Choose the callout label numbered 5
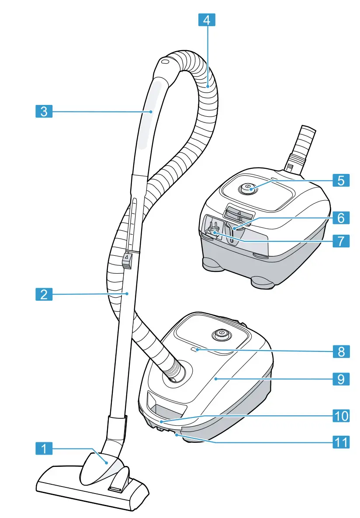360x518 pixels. [340, 180]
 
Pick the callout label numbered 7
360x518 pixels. [340, 240]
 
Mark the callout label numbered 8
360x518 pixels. [340, 351]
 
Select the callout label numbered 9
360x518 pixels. [340, 378]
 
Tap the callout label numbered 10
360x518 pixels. [340, 415]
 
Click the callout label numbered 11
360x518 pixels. [340, 442]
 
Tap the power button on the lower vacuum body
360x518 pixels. [221, 334]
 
